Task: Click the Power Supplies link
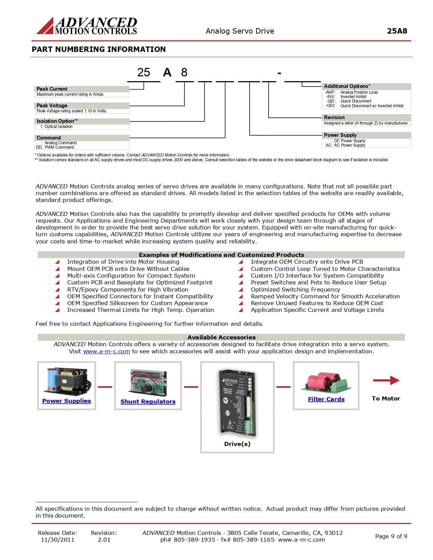pos(67,401)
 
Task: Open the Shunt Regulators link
pos(148,402)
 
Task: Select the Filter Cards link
pos(326,399)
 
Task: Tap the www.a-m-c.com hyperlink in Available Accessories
pos(107,351)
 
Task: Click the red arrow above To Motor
pos(386,380)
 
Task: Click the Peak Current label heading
pos(52,89)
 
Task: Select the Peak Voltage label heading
pos(52,106)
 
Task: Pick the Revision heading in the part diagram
pos(334,117)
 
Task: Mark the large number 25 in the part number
pos(144,72)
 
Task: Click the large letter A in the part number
pos(167,72)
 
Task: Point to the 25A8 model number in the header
pos(397,31)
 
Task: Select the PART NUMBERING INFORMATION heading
pos(99,49)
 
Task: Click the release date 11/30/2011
pos(57,540)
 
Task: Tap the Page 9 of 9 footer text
pos(391,536)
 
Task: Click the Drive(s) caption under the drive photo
pos(237,444)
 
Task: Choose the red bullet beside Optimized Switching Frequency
pos(241,290)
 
